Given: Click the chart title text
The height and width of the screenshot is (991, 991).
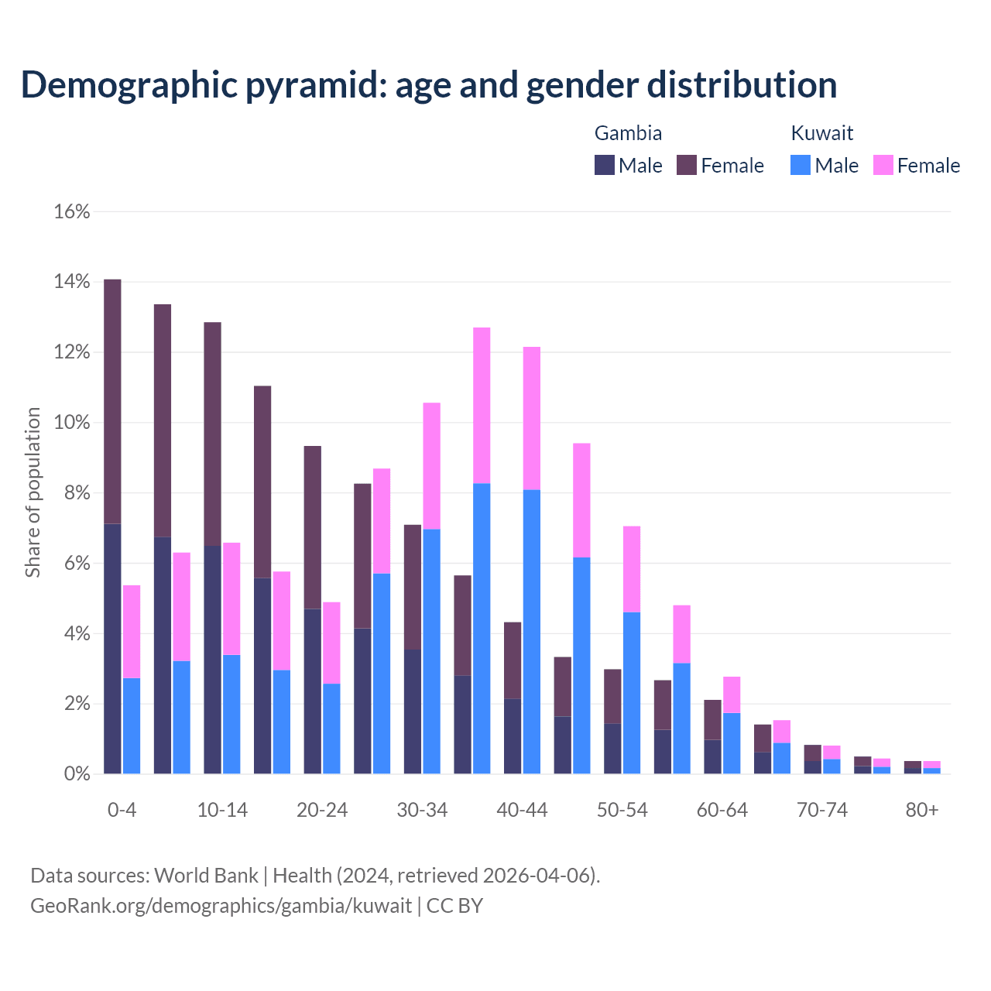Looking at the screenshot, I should coord(429,84).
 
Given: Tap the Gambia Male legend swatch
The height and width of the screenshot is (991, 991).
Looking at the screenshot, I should coord(605,165).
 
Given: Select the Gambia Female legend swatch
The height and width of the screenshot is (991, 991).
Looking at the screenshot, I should coord(687,165).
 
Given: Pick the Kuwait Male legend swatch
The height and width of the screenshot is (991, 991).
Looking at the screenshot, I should coord(801,165).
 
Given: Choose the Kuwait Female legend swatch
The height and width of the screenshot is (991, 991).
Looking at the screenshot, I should coord(883,165).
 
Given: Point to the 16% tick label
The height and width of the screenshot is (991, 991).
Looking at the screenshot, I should coord(72,211).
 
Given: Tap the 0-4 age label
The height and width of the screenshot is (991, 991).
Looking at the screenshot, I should coord(122,810).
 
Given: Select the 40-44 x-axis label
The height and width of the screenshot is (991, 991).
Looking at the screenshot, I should coord(522,810).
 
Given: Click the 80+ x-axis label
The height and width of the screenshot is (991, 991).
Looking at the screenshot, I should coord(922,810).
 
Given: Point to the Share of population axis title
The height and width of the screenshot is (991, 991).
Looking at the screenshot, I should coord(33,492).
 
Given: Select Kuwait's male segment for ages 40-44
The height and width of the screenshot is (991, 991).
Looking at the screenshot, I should coord(532,631).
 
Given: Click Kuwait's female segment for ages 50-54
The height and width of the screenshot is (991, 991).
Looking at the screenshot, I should coord(632,569).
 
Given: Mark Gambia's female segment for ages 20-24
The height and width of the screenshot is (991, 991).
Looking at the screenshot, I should coord(313,527).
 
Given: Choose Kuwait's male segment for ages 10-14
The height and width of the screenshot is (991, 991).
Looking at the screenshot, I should coord(231,714).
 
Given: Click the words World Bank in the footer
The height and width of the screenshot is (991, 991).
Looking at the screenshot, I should coord(206,876).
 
